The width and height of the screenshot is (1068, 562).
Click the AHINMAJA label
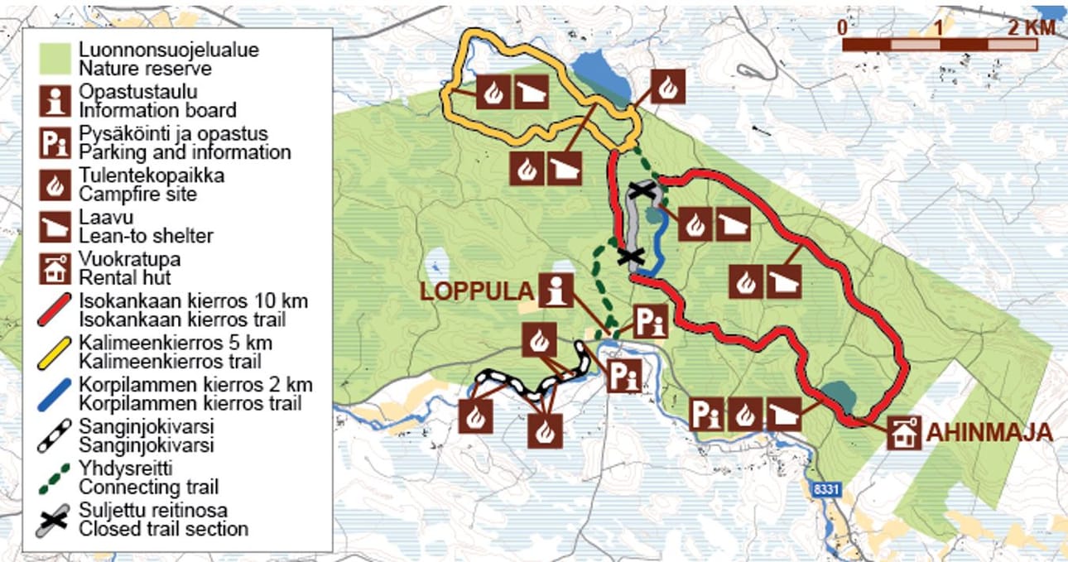pos(989,432)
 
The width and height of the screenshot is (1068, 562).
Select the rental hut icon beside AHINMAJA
pos(904,433)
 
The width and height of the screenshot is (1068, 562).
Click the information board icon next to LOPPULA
pos(556,291)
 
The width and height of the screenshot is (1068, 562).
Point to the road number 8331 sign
pos(825,489)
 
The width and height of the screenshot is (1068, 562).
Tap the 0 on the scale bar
pos(842,26)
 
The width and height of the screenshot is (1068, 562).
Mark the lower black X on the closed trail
pos(631,256)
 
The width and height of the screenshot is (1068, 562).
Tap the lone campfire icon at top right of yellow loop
pos(667,87)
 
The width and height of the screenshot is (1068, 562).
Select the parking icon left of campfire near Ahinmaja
pos(705,413)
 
